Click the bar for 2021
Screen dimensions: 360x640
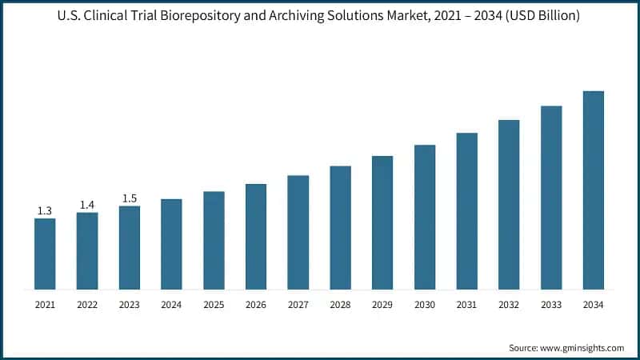(x=45, y=254)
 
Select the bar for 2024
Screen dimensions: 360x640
(x=171, y=244)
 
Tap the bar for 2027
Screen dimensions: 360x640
(x=298, y=232)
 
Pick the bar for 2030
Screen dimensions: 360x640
(x=424, y=217)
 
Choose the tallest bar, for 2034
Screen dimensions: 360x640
(x=593, y=190)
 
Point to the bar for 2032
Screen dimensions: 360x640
(x=509, y=204)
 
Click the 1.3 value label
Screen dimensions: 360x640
(x=45, y=210)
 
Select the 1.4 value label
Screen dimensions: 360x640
(x=87, y=205)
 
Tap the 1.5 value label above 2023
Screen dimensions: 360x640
(x=130, y=198)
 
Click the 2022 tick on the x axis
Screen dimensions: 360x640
(x=87, y=305)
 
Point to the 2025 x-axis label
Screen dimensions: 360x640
(x=214, y=305)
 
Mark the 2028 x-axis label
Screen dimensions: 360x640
(x=340, y=305)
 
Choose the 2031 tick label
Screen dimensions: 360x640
(x=466, y=305)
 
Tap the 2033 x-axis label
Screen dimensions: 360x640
(x=550, y=305)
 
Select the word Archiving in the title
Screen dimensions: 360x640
(x=334, y=15)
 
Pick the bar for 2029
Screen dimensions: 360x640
(x=382, y=222)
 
